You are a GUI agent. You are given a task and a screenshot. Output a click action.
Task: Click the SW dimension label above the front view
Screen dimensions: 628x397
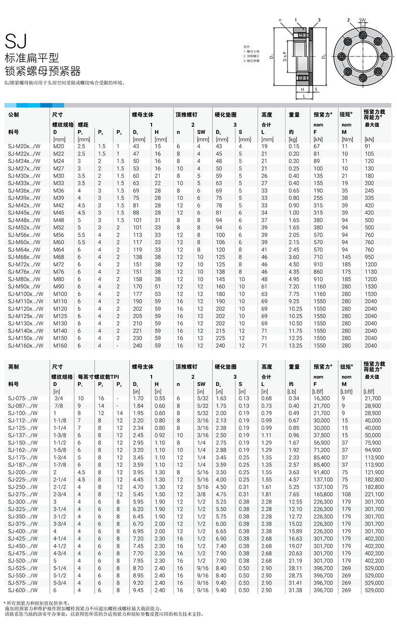[362, 21]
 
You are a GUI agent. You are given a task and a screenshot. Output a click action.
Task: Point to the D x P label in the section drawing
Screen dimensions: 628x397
[284, 56]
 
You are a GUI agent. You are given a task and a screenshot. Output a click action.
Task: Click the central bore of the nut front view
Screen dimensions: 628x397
[363, 56]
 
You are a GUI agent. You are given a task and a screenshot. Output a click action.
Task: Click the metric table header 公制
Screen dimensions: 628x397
[14, 115]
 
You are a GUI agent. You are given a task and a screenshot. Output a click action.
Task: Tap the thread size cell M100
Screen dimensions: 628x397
[60, 294]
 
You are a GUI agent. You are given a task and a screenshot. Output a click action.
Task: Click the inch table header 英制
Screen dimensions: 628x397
[14, 367]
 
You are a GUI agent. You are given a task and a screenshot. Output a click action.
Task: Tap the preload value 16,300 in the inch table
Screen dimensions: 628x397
[321, 398]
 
